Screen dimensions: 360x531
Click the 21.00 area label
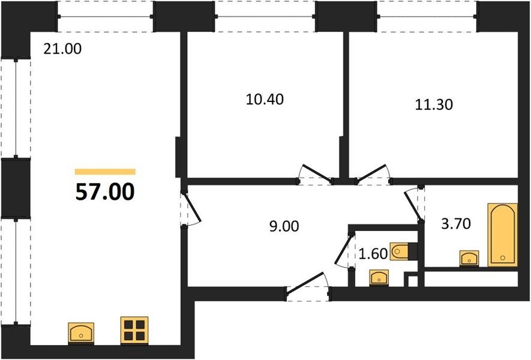pyautogui.click(x=62, y=49)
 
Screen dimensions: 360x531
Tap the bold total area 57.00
pyautogui.click(x=105, y=192)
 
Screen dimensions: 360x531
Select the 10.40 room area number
pyautogui.click(x=265, y=100)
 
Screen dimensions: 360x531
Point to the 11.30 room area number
pyautogui.click(x=434, y=105)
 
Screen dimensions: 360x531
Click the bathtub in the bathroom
pyautogui.click(x=502, y=235)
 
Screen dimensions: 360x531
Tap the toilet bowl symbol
pyautogui.click(x=403, y=251)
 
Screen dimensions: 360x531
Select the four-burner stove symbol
pyautogui.click(x=134, y=330)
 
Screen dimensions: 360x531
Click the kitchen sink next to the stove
pyautogui.click(x=81, y=331)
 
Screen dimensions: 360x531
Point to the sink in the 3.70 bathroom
pyautogui.click(x=469, y=259)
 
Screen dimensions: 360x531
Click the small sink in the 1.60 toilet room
pyautogui.click(x=379, y=277)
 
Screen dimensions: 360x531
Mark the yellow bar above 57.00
pyautogui.click(x=105, y=172)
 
